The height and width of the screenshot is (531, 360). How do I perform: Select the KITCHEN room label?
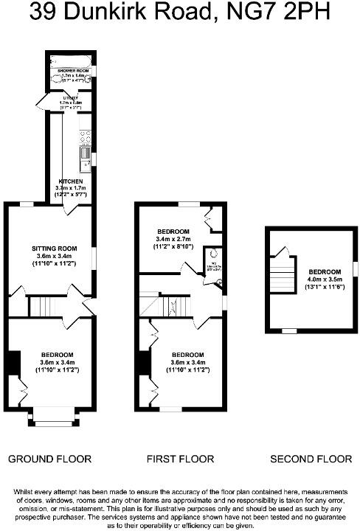[70, 181]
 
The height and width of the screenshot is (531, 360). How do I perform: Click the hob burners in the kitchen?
[84, 138]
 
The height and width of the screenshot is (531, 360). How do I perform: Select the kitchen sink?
[85, 156]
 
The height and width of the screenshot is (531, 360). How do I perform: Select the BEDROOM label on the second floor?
[325, 271]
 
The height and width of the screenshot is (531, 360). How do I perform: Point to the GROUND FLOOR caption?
[49, 459]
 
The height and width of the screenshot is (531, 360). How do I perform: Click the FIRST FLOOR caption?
[180, 459]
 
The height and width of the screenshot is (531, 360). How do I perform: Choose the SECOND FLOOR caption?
[311, 459]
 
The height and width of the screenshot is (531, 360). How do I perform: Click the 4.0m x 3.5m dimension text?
[325, 280]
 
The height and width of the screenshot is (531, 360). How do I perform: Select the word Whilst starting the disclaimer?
[24, 491]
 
